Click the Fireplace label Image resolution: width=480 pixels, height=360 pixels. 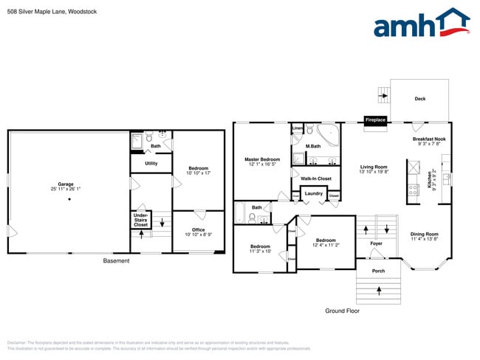click(x=375, y=120)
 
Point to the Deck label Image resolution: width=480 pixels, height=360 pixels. click(x=419, y=99)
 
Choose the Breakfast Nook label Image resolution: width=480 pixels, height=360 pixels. click(x=428, y=142)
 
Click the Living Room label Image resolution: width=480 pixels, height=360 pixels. click(x=374, y=169)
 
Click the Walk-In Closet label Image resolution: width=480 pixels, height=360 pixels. click(x=315, y=179)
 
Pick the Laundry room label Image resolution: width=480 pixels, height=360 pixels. click(x=313, y=193)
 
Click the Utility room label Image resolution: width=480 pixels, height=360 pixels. click(x=151, y=163)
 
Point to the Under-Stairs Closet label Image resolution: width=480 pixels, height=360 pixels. click(x=140, y=220)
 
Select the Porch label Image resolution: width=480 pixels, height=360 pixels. click(x=378, y=271)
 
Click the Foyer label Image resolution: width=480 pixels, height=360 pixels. click(x=376, y=243)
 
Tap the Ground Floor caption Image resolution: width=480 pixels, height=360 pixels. click(x=342, y=311)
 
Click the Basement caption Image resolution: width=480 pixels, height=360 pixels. click(x=116, y=260)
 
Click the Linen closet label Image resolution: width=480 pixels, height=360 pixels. click(x=297, y=128)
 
